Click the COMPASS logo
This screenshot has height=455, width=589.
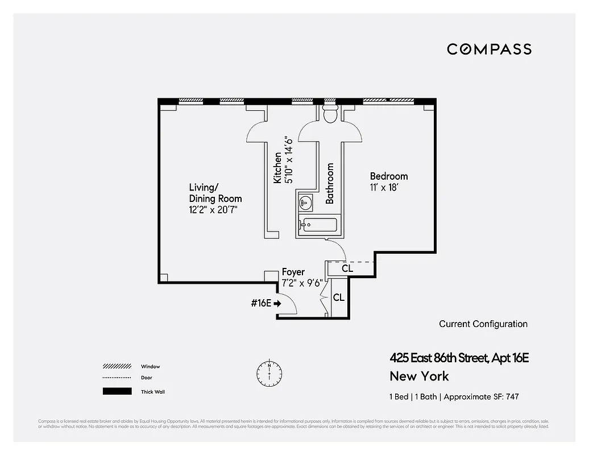coord(489,49)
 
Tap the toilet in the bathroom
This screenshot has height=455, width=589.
coord(330,114)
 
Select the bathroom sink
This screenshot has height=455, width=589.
coord(305,201)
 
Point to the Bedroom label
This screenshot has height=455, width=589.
coord(388,176)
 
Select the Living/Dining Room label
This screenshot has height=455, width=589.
coord(215,193)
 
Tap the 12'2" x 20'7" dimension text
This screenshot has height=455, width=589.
coord(213,210)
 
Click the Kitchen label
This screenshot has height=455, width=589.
coord(277,167)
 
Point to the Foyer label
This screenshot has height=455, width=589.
coord(293,272)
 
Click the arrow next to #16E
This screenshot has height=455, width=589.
coord(277,304)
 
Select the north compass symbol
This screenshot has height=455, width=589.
coord(269,373)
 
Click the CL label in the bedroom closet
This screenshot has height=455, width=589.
coord(347,268)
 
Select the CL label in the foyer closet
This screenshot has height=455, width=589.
coord(338,297)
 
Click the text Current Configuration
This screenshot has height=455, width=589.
coord(483,324)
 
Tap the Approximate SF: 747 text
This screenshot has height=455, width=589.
coord(483,397)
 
